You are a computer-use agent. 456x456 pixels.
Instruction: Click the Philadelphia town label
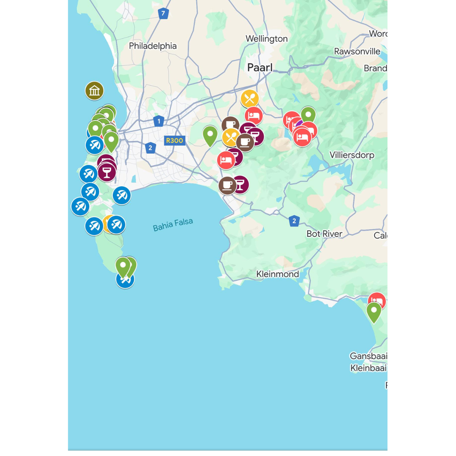point(153,46)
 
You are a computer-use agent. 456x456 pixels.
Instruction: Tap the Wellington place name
point(267,39)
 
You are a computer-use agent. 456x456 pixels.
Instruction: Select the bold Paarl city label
point(260,68)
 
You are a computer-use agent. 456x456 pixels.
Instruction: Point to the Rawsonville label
point(357,51)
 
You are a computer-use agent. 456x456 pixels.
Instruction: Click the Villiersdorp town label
point(352,155)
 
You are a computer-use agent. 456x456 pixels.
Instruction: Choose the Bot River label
point(324,234)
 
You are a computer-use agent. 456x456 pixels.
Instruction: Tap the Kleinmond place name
point(277,274)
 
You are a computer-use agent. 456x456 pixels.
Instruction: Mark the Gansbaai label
point(368,356)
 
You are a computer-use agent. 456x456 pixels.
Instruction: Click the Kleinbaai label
point(368,368)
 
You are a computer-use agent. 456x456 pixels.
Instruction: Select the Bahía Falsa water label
point(173,225)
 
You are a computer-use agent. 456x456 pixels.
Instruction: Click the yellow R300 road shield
point(175,141)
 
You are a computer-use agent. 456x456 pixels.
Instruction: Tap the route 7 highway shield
point(163,14)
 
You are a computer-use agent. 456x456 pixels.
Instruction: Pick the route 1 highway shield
point(159,121)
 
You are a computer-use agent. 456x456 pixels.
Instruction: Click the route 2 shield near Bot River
point(294,221)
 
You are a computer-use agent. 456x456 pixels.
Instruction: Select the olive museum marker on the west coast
point(94,91)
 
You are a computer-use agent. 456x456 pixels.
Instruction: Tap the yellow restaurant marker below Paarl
point(250,99)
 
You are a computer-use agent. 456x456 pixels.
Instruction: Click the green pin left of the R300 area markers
point(210,135)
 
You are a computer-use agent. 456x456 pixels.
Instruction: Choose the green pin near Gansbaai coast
point(374,311)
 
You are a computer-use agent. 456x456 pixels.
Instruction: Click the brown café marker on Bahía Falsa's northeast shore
point(227,185)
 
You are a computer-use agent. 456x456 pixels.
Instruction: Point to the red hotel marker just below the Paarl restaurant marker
point(254,116)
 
